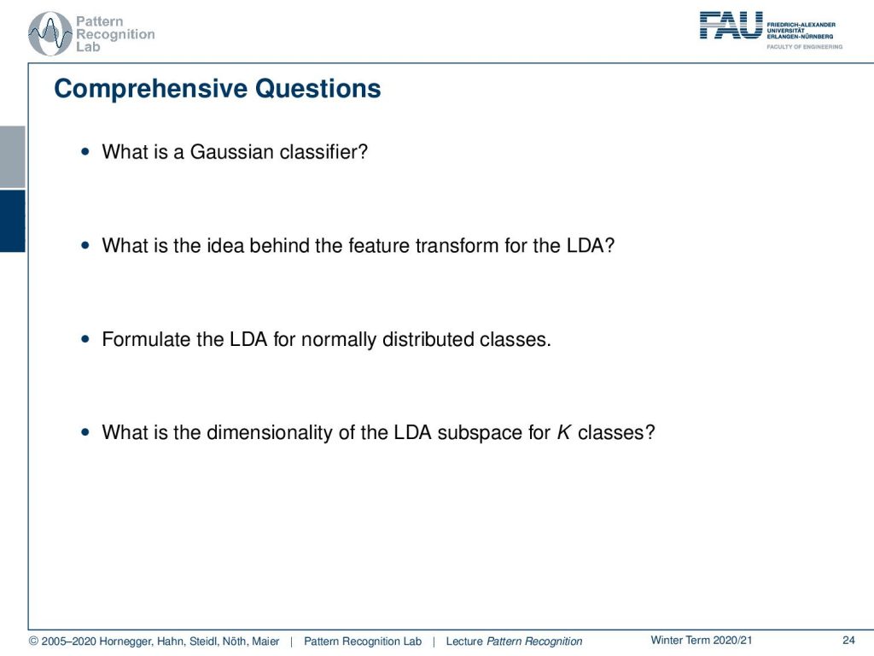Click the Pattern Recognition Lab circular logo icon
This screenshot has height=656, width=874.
tap(50, 33)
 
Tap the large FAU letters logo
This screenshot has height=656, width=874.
tap(731, 26)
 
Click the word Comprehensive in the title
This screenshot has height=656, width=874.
tap(150, 89)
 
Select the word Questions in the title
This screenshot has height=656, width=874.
tap(318, 89)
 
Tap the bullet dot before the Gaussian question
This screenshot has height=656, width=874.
tap(84, 151)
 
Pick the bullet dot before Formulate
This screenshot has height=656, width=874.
tap(84, 338)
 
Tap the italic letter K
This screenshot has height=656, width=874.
tap(564, 432)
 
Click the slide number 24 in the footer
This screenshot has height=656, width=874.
tap(848, 640)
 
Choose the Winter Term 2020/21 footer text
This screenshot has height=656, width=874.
tap(702, 640)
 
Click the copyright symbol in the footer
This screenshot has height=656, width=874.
tap(33, 641)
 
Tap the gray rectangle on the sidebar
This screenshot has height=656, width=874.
tap(12, 157)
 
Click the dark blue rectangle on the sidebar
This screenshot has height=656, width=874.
tap(12, 221)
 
